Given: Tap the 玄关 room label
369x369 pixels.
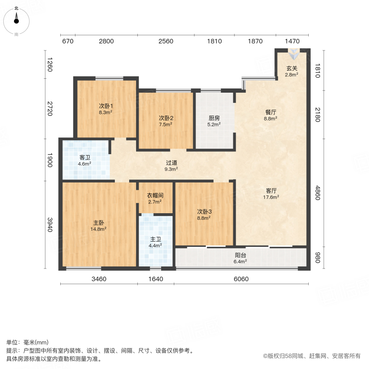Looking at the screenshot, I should (292, 68).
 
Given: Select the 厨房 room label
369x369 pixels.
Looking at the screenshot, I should (214, 118).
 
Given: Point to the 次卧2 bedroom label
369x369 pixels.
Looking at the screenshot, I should (166, 118).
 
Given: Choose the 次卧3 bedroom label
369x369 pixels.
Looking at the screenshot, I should (204, 212).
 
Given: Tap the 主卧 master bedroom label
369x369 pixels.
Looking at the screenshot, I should (98, 223).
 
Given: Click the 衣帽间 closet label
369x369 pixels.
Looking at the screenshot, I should (155, 195).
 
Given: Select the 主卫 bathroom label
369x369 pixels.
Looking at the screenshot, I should (155, 239).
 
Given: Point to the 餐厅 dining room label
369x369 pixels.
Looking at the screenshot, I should (270, 112).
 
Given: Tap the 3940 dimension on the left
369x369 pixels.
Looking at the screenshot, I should (50, 225).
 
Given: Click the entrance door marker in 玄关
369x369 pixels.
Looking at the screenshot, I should (294, 53).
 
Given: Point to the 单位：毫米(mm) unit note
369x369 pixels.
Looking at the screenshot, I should (27, 343).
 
